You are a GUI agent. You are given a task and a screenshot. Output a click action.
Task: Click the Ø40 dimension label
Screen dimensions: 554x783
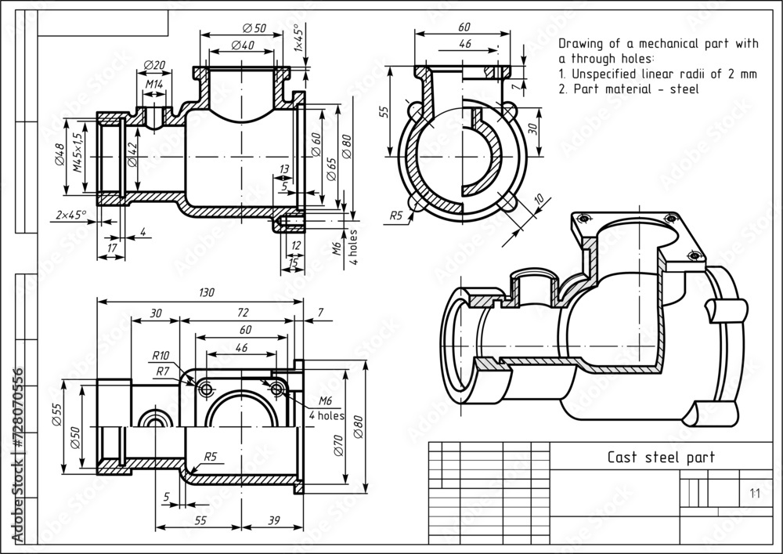click(243, 45)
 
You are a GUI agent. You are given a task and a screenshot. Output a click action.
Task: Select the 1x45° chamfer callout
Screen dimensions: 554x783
click(298, 37)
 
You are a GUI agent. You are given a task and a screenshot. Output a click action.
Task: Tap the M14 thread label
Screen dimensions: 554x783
click(154, 83)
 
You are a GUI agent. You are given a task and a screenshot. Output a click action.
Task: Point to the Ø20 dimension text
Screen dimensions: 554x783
click(155, 65)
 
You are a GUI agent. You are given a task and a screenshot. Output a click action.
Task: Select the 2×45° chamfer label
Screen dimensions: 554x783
click(71, 215)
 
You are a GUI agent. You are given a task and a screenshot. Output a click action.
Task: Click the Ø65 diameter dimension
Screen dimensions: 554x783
click(331, 166)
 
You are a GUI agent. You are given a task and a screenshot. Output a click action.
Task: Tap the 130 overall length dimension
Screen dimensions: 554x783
click(205, 291)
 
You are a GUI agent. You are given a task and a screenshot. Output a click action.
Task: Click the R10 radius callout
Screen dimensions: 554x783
click(162, 356)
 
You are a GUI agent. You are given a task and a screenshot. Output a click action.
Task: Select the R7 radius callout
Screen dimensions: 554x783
click(162, 370)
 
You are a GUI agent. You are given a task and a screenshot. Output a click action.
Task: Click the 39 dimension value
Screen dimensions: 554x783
click(275, 520)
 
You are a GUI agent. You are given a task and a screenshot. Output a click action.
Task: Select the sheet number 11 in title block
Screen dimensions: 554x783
click(754, 493)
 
